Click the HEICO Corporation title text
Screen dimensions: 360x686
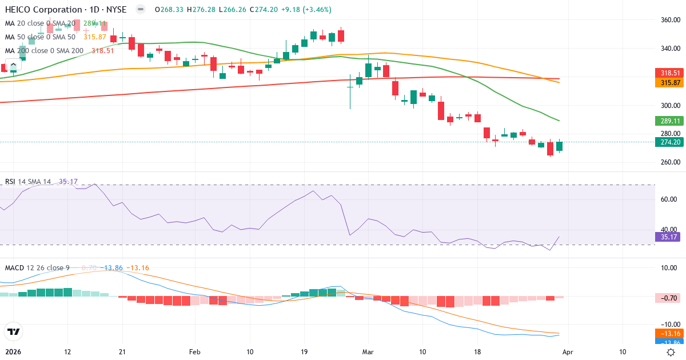coord(43,10)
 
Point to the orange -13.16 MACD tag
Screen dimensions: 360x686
coord(667,334)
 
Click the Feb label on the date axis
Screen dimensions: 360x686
coord(196,352)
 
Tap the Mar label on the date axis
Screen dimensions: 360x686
coord(368,352)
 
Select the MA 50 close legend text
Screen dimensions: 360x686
coord(40,37)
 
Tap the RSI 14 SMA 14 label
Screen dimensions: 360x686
coord(28,182)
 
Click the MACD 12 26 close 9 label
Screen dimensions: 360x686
coord(37,268)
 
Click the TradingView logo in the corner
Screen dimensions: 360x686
coord(13,331)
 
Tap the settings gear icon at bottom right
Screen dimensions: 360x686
coord(672,352)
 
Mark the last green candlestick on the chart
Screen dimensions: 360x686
coord(559,146)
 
